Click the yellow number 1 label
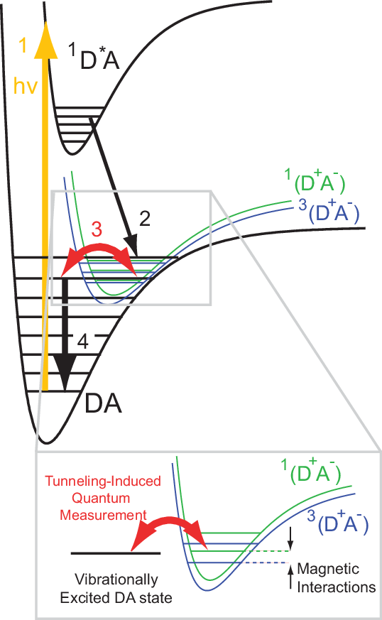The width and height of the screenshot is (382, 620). pos(23,45)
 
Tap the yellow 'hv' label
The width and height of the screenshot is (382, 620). pos(26,85)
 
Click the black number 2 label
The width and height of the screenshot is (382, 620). pos(145,218)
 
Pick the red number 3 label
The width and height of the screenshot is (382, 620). pos(97,229)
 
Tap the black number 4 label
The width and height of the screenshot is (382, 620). pos(82,341)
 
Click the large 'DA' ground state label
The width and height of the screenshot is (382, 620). pos(103,403)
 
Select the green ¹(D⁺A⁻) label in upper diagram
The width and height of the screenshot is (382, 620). pos(315,182)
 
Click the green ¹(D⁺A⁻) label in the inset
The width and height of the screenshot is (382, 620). pos(311,471)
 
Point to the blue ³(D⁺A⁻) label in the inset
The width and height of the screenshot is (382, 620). pos(338,522)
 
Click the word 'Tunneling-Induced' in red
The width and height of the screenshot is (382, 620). pos(103,482)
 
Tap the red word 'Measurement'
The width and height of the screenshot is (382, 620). pos(103,515)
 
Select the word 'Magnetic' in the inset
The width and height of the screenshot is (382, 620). pos(328,569)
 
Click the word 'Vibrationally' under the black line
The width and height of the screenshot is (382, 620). pos(116,580)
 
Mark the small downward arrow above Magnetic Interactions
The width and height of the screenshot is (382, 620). pos(290,538)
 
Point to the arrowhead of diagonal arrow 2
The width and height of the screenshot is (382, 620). pos(131,246)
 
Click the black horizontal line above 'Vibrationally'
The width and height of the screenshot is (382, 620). pos(116,553)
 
